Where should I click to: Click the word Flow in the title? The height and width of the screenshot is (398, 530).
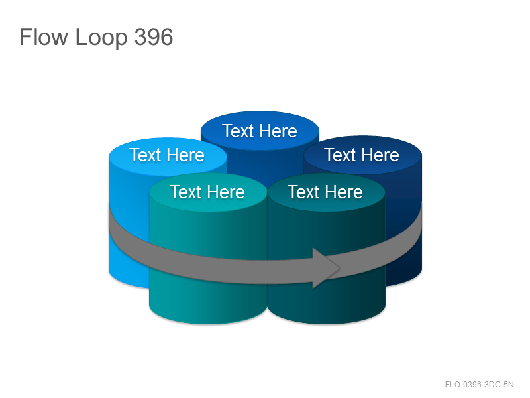point(43,37)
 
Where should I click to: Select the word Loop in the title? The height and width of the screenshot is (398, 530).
point(101,38)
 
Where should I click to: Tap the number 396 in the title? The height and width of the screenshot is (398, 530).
point(154,37)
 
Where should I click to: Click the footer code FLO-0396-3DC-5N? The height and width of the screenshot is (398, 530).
point(479,385)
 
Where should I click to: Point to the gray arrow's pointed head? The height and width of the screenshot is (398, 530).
point(339,268)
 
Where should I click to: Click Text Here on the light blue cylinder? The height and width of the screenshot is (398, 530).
point(167,155)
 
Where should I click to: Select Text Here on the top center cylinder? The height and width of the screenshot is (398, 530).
point(260,131)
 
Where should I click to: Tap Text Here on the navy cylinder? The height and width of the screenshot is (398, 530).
point(362,155)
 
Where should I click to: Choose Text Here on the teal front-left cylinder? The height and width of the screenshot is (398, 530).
point(207,192)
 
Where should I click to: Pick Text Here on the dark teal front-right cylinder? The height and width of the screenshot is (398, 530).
point(325,192)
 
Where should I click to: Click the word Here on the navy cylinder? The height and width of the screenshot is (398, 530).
point(380,155)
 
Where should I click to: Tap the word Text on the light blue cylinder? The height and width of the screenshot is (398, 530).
point(145,155)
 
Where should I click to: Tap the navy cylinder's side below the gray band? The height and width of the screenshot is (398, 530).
point(404,267)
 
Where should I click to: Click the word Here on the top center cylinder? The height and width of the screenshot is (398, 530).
point(278,131)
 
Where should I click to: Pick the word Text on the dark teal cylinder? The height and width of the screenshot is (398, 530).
point(303,192)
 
